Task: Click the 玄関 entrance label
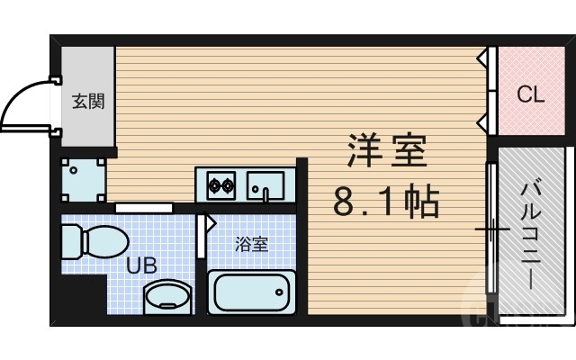click(87, 102)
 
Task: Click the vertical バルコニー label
click(530, 233)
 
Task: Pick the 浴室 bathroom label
click(252, 244)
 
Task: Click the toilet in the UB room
click(90, 241)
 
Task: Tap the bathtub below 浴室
click(252, 292)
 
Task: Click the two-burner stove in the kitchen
click(221, 187)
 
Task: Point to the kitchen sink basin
click(265, 186)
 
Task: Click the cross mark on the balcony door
click(491, 230)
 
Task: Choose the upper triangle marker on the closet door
click(482, 58)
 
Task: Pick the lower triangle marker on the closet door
click(482, 121)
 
